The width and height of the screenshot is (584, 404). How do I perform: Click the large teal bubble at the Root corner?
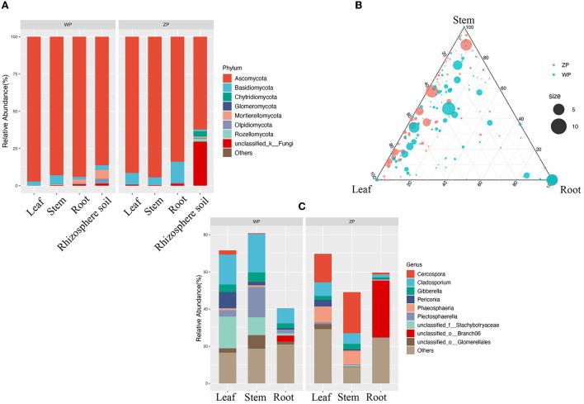pyautogui.click(x=552, y=179)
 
